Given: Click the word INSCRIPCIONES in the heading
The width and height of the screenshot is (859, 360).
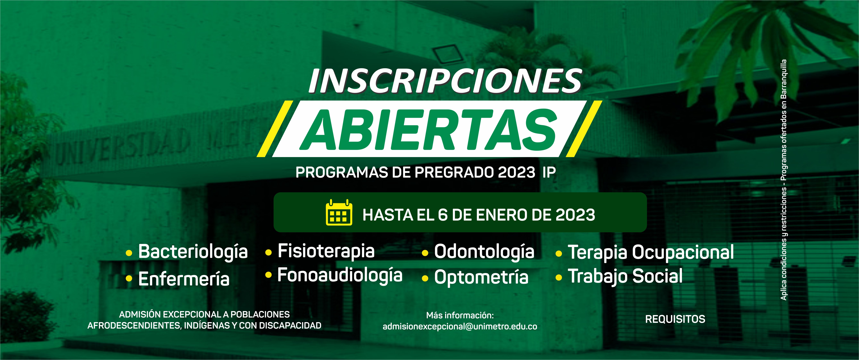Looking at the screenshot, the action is [445, 81].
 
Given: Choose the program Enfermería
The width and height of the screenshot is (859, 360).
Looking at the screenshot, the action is [184, 279].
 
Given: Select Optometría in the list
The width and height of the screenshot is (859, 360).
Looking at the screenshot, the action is [481, 277].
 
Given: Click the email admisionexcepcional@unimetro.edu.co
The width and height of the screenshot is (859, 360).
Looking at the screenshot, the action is [460, 327].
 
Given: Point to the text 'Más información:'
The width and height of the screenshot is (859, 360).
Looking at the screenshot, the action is [460, 315].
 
